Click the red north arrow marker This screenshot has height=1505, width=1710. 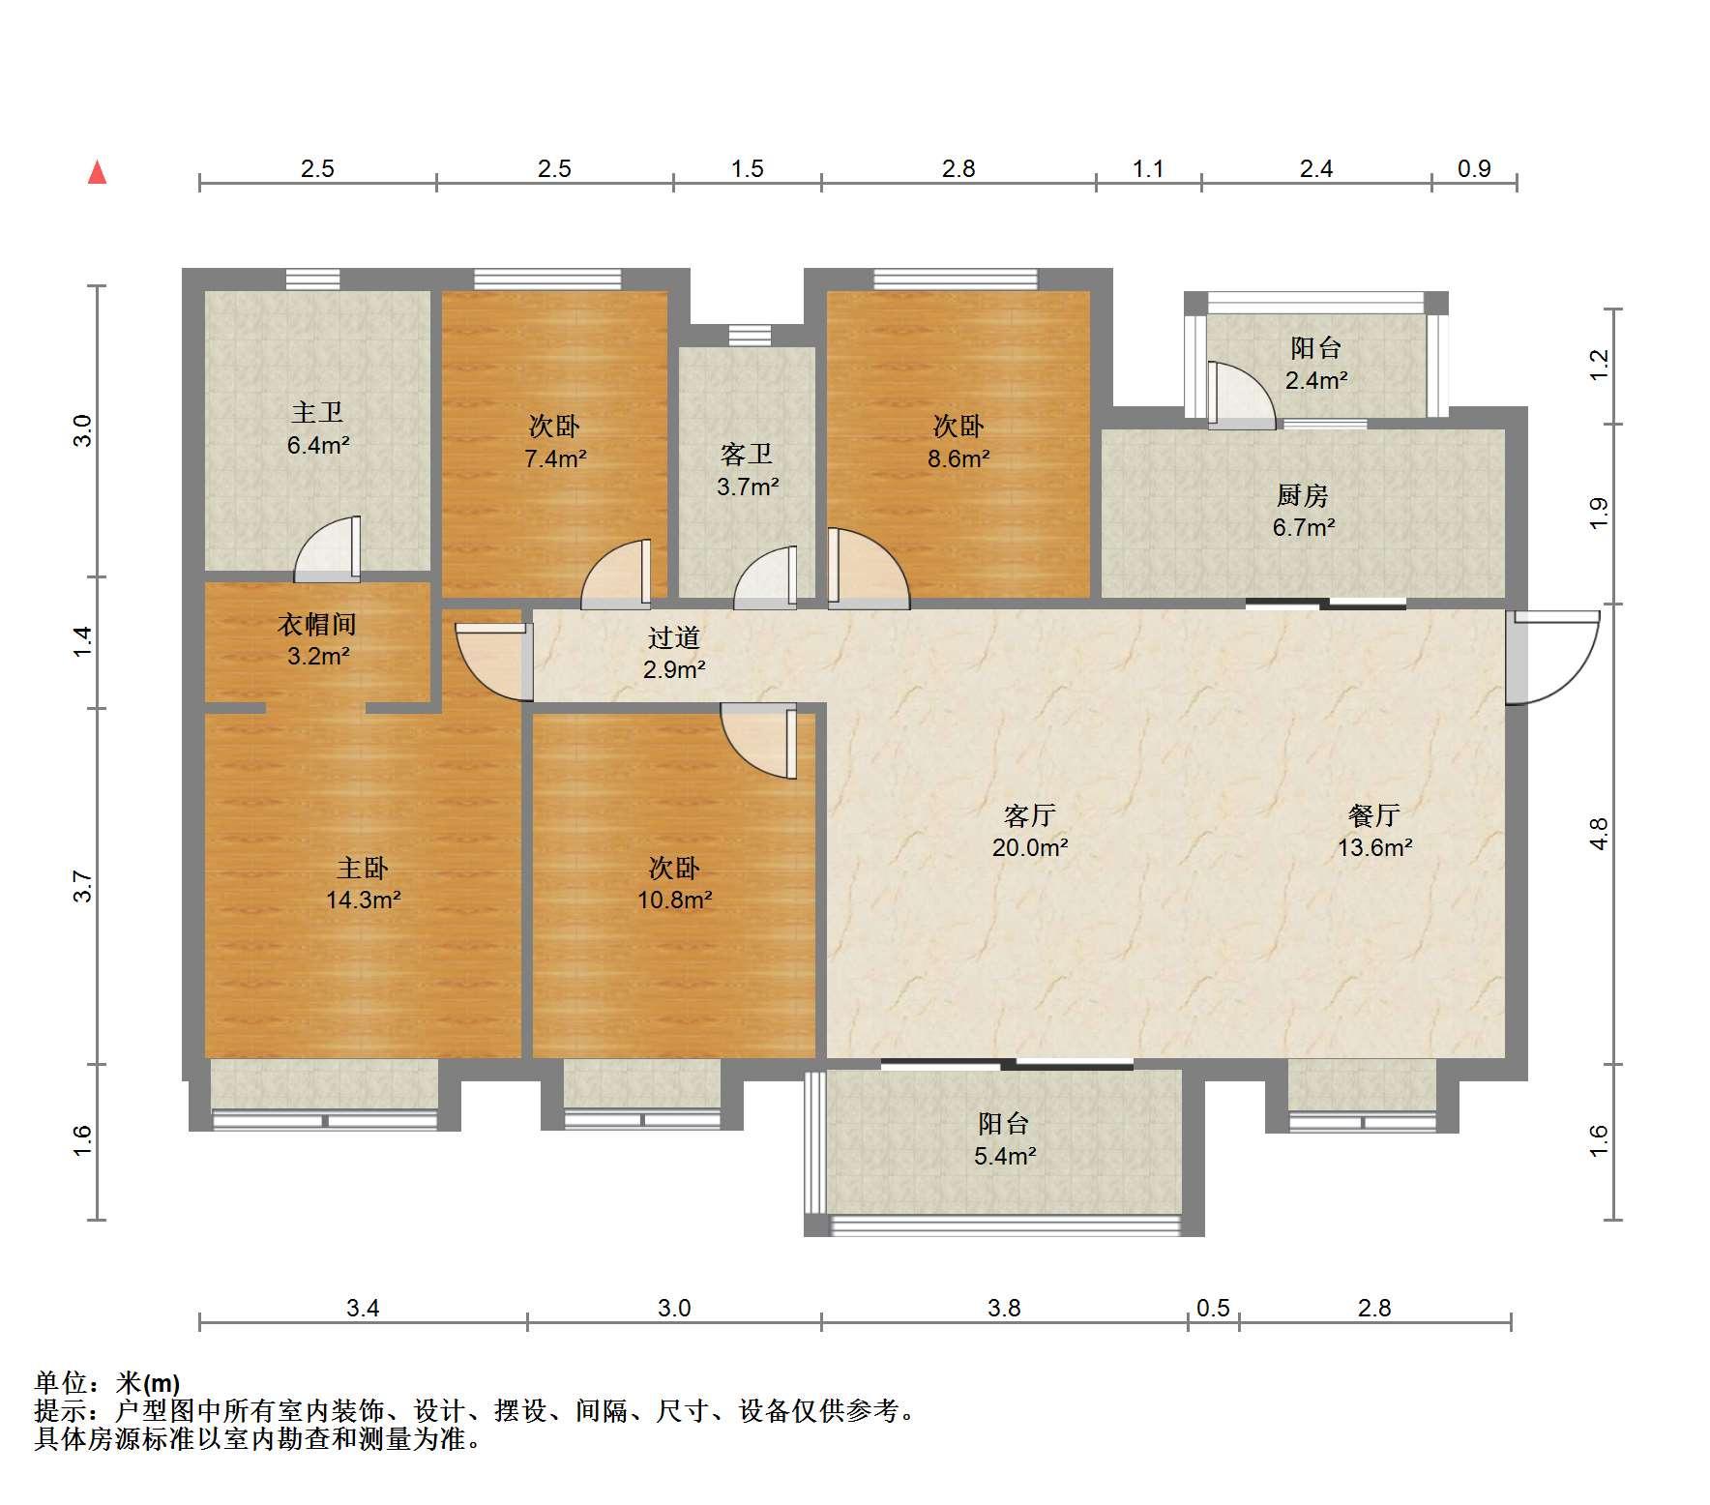[x=97, y=173]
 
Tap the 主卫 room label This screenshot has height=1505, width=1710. [x=317, y=413]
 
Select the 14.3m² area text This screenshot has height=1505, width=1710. [x=364, y=900]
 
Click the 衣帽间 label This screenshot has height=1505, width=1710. [x=317, y=625]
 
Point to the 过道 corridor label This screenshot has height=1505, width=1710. [x=674, y=637]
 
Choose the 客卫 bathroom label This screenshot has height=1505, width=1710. [x=747, y=455]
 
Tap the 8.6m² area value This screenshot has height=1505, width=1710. [x=958, y=458]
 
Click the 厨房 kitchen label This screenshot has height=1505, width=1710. [x=1303, y=496]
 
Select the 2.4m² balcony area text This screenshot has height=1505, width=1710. [x=1316, y=380]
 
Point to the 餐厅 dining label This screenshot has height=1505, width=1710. [x=1374, y=815]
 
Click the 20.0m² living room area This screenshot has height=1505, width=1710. [x=1029, y=848]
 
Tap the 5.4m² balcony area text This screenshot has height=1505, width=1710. [x=1005, y=1156]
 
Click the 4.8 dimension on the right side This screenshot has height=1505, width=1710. [x=1599, y=834]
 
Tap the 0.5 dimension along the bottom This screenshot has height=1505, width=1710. [x=1213, y=1309]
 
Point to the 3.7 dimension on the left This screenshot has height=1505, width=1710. [x=83, y=886]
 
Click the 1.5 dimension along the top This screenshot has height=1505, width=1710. [x=748, y=169]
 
